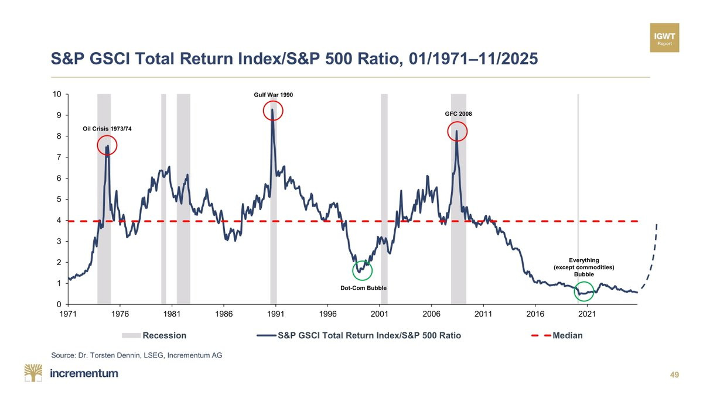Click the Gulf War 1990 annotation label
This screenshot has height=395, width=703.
273,94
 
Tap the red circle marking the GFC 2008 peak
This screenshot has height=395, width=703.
458,131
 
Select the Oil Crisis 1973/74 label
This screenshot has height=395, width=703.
107,129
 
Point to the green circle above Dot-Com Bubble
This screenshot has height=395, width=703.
363,270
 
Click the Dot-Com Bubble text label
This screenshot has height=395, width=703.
364,288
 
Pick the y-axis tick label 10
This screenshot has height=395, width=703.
56,94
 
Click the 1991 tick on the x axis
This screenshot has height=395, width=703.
275,314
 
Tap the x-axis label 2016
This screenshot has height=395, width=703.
535,314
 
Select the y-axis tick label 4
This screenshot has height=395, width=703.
59,221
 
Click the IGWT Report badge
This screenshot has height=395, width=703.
664,38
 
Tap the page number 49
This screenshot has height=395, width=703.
674,375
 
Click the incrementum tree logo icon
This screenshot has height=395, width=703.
33,373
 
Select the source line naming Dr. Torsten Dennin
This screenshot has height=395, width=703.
136,355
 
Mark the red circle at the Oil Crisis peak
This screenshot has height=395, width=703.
107,146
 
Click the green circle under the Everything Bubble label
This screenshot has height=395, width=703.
583,290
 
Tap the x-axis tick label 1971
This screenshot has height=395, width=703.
68,314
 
